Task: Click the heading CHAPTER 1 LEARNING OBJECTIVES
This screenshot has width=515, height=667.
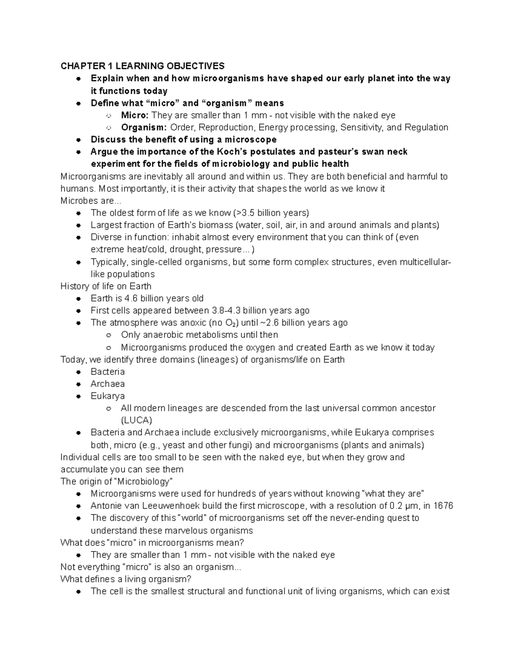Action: pyautogui.click(x=142, y=66)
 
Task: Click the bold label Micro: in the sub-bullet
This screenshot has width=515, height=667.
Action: pyautogui.click(x=135, y=115)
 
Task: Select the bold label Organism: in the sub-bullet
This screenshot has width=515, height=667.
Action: pyautogui.click(x=144, y=127)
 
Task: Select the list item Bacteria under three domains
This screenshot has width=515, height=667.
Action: pyautogui.click(x=108, y=372)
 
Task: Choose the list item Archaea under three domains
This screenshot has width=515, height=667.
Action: pyautogui.click(x=108, y=384)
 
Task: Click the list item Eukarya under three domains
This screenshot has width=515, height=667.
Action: pyautogui.click(x=108, y=396)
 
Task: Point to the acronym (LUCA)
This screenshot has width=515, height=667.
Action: pyautogui.click(x=136, y=420)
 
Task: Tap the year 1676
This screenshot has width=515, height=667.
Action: pyautogui.click(x=443, y=506)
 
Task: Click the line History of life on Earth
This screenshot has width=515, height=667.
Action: pyautogui.click(x=106, y=286)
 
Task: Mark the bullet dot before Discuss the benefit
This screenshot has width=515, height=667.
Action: pyautogui.click(x=79, y=140)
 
